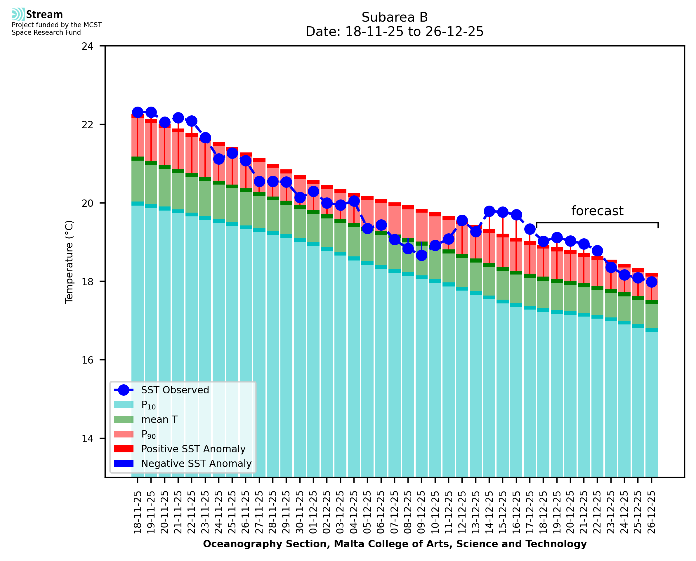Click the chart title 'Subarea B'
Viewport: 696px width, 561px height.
(x=395, y=17)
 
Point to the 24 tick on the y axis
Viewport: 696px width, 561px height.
(x=87, y=46)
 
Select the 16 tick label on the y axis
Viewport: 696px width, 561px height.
(x=87, y=360)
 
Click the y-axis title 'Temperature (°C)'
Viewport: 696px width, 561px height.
(x=69, y=262)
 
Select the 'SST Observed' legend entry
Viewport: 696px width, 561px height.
(x=175, y=390)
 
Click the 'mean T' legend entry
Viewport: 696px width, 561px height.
(x=159, y=419)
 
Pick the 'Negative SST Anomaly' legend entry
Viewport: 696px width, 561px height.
(x=196, y=463)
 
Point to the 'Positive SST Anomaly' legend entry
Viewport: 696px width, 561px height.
(x=193, y=449)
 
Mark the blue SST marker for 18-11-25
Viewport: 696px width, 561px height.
(x=138, y=112)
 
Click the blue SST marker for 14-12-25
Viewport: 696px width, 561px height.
(x=489, y=211)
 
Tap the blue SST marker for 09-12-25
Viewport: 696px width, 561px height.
(x=421, y=255)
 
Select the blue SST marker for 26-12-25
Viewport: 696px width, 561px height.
(x=651, y=282)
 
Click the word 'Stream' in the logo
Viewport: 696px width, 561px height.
(x=45, y=15)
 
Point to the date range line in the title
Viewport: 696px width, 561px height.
(x=395, y=32)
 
